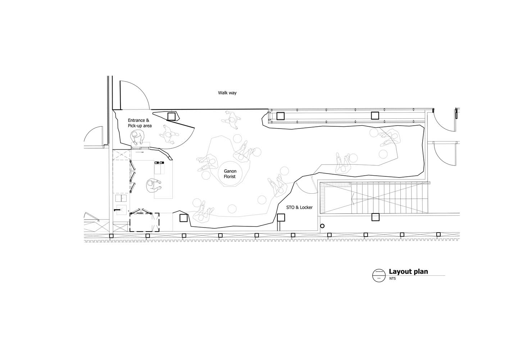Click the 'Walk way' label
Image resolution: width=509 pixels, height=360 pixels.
[x=227, y=93]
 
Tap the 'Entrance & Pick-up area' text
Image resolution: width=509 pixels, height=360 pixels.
[x=140, y=123]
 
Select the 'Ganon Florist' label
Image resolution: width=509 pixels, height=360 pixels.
[x=230, y=174]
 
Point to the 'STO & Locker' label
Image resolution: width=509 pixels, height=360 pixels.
[x=299, y=207]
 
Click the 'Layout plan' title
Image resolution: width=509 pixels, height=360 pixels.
[x=408, y=271]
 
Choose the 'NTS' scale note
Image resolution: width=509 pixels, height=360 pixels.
[x=392, y=278]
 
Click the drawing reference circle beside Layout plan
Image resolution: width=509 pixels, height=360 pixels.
[x=379, y=275]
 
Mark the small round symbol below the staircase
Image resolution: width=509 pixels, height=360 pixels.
[x=322, y=226]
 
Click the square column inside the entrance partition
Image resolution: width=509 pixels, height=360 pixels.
[x=171, y=116]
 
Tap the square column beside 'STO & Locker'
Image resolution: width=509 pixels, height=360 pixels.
[x=281, y=218]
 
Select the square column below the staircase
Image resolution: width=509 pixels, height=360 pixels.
[x=376, y=217]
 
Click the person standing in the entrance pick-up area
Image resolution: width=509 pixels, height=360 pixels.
[x=137, y=138]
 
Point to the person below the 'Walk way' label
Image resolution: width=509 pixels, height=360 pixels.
[x=231, y=120]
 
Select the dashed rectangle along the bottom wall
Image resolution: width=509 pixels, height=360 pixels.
[x=144, y=222]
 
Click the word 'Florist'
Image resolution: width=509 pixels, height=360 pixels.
[x=230, y=176]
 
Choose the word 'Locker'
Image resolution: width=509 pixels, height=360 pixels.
[x=306, y=207]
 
